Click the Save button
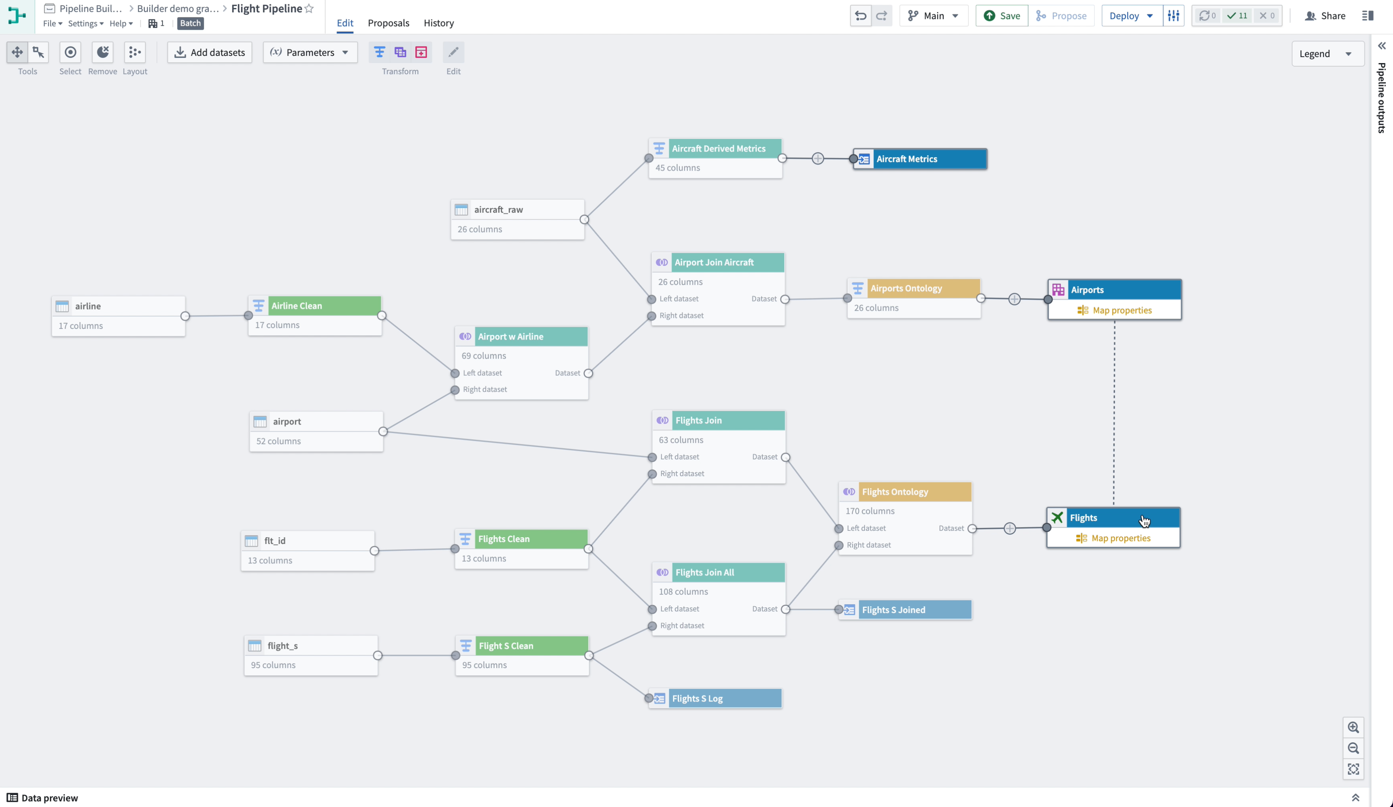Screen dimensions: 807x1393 [x=1001, y=15]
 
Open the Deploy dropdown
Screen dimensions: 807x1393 [x=1131, y=15]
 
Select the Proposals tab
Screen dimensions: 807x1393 [x=388, y=23]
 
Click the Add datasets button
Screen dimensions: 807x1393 [x=210, y=52]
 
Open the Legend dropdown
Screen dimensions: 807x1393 [x=1327, y=54]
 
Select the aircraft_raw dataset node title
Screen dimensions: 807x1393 [x=498, y=209]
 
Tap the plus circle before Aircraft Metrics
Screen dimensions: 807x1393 [x=818, y=159]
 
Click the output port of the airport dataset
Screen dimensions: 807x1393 [x=382, y=431]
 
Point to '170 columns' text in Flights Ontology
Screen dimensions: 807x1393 [x=870, y=511]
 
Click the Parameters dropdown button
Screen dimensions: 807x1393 [x=310, y=52]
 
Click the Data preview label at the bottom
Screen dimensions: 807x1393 [x=49, y=797]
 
